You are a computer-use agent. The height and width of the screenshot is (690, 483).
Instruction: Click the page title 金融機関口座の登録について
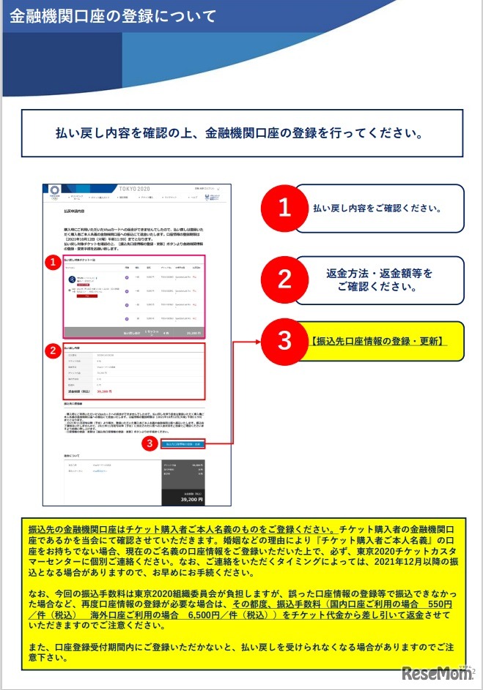click(x=113, y=16)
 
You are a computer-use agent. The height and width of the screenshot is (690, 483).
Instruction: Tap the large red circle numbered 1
click(x=285, y=208)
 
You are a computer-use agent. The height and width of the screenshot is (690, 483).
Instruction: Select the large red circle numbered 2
click(x=285, y=280)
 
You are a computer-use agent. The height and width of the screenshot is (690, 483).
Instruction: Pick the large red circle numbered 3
click(x=285, y=341)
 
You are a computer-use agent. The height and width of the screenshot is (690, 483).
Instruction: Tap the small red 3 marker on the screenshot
click(x=150, y=443)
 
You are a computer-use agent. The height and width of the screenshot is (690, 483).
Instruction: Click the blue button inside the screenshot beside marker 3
click(x=184, y=443)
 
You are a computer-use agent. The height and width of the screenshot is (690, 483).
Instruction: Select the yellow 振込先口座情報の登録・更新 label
click(x=378, y=341)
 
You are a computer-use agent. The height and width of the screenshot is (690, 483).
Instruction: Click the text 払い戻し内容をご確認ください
click(x=378, y=208)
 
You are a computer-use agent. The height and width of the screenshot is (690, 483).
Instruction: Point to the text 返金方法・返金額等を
click(x=379, y=273)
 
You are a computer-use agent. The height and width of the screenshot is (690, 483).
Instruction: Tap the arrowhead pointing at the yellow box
click(x=259, y=341)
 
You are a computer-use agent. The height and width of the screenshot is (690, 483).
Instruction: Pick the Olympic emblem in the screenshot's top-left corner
click(x=54, y=192)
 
